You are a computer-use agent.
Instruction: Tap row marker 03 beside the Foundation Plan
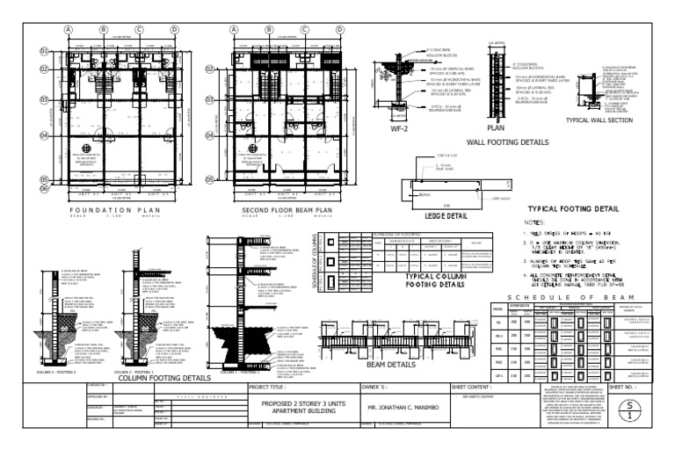pos(44,100)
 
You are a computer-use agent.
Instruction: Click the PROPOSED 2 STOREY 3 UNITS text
pos(317,403)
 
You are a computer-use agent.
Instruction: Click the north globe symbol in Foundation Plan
pos(87,148)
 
